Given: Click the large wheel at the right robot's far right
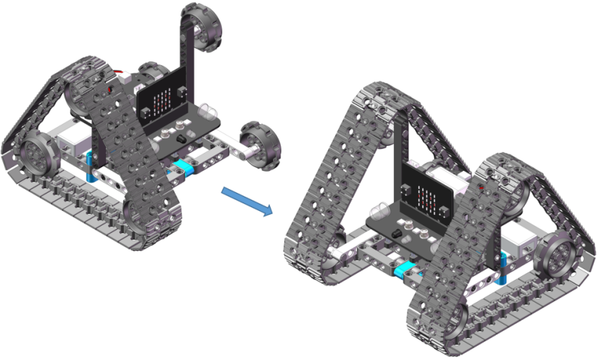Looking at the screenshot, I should click(563, 259).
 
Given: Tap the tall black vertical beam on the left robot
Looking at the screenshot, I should click(186, 57).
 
